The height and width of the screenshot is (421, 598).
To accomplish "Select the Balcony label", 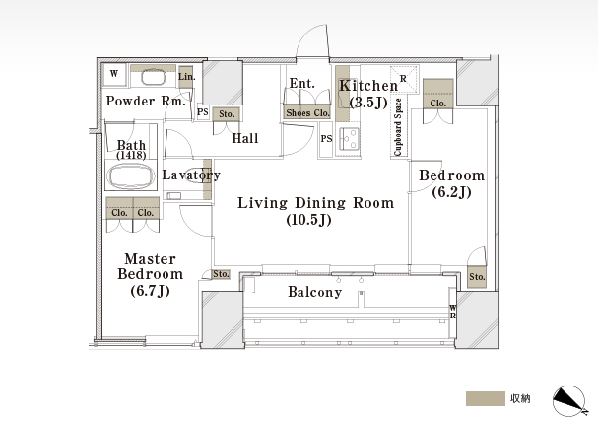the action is pyautogui.click(x=314, y=292).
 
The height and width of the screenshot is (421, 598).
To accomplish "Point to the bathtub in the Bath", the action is pyautogui.click(x=131, y=175).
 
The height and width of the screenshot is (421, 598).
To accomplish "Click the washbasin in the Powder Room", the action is pyautogui.click(x=154, y=77).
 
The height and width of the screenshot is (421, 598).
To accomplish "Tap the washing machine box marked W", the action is pyautogui.click(x=114, y=74).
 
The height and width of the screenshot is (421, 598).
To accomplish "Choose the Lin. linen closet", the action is pyautogui.click(x=186, y=76).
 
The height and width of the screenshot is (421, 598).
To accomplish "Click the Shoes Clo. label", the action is pyautogui.click(x=307, y=113).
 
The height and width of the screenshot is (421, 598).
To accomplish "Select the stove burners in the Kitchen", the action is pyautogui.click(x=349, y=139).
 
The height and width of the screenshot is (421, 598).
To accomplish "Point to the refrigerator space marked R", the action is pyautogui.click(x=404, y=79).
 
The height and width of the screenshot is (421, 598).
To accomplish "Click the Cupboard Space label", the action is pyautogui.click(x=398, y=127).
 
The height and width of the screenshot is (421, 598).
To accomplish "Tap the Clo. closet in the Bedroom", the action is pyautogui.click(x=437, y=94).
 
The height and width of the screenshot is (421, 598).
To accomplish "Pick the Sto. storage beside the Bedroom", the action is pyautogui.click(x=477, y=276).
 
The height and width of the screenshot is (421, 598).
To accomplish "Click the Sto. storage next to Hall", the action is pyautogui.click(x=227, y=114).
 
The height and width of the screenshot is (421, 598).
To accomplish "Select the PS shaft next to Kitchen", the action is pyautogui.click(x=326, y=139).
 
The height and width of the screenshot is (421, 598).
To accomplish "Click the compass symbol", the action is pyautogui.click(x=568, y=400).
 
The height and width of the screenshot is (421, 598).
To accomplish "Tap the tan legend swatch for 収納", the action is pyautogui.click(x=485, y=399).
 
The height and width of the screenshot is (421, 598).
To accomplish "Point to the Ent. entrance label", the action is pyautogui.click(x=302, y=83).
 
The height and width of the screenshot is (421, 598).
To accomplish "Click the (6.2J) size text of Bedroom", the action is pyautogui.click(x=451, y=192).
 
